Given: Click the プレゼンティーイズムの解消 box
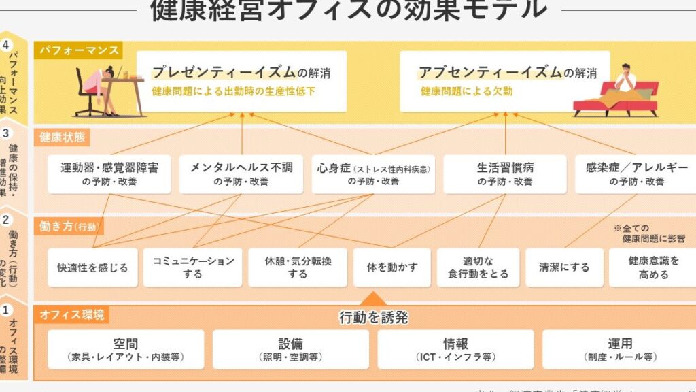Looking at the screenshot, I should (241, 81).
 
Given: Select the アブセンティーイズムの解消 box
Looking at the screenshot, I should (504, 81).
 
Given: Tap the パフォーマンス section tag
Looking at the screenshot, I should (79, 50).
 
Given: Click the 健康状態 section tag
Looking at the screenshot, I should (61, 137).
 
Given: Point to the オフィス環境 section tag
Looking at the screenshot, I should (71, 314).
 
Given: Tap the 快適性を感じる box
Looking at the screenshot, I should (92, 267).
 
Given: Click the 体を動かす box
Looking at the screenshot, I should (391, 267).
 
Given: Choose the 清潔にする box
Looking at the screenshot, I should (564, 267).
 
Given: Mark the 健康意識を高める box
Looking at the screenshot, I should (652, 267).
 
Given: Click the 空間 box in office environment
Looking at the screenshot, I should (126, 349).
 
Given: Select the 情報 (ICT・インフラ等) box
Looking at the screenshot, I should (455, 349).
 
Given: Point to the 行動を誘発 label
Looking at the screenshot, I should (374, 317).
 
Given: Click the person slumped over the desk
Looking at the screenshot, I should (99, 88).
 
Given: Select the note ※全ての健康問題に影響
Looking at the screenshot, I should (648, 233).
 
